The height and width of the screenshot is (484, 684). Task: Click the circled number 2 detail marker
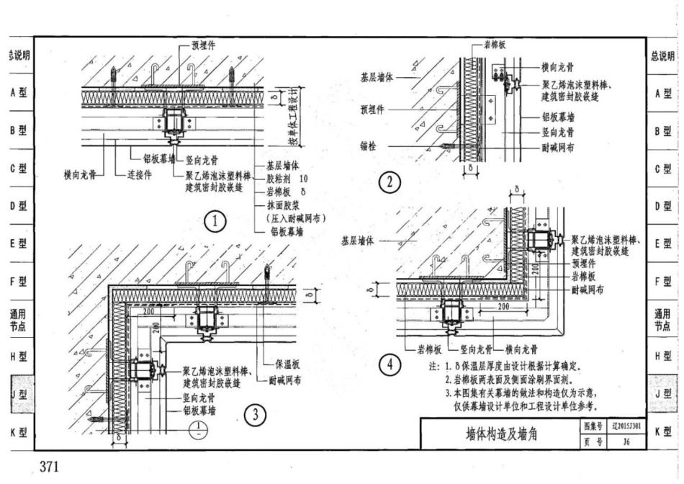(x=390, y=183)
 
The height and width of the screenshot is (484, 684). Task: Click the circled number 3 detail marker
(x=255, y=413)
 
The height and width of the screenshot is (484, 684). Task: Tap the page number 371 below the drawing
(x=48, y=467)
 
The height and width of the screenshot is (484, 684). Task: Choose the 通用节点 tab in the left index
(x=17, y=319)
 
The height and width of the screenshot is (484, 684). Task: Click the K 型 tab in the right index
(x=663, y=432)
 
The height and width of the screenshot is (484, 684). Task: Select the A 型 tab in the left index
(x=17, y=93)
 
